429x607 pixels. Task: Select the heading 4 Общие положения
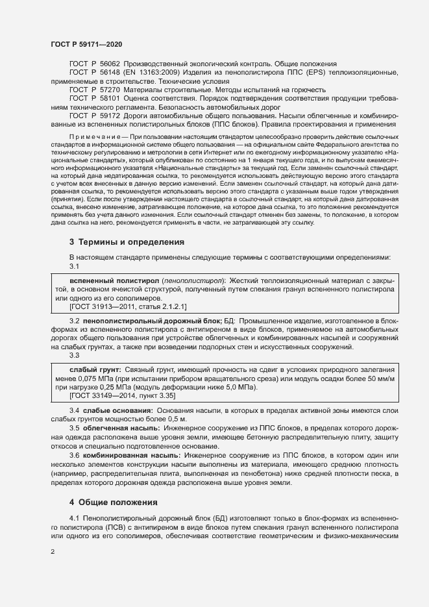114,485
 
